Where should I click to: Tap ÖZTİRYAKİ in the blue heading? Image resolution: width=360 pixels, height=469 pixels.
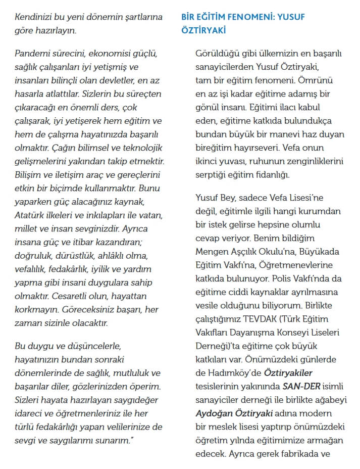click(x=203, y=30)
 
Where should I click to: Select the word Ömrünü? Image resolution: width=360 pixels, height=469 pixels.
click(x=316, y=80)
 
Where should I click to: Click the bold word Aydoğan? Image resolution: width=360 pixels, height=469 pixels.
click(x=214, y=413)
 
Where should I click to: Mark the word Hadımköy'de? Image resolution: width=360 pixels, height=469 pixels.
click(x=233, y=373)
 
